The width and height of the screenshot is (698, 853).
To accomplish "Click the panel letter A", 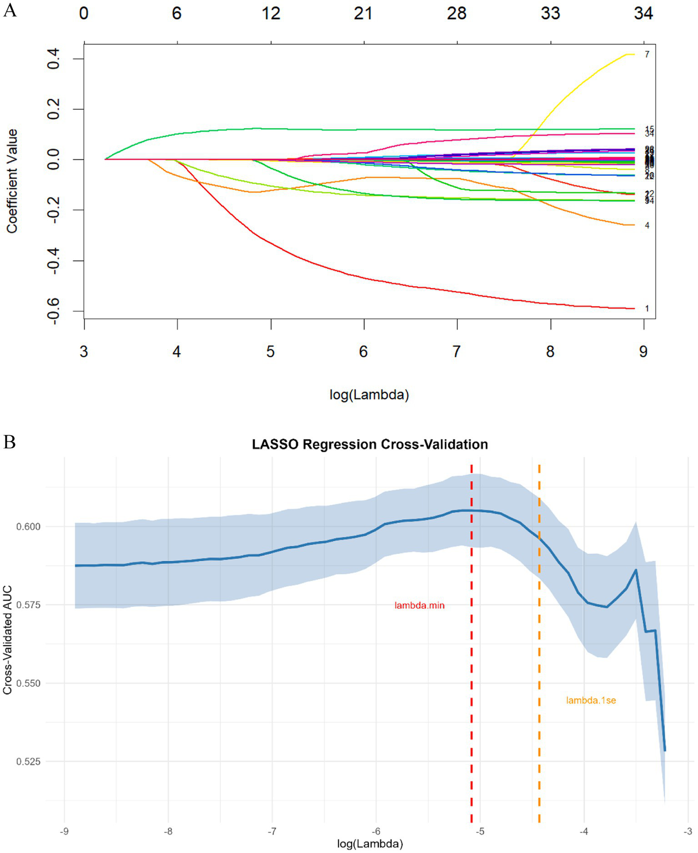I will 10,10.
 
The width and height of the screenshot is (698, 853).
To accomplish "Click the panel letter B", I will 10,442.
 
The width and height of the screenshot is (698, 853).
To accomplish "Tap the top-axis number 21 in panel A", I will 363,14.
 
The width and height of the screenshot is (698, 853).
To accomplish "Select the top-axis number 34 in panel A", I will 643,14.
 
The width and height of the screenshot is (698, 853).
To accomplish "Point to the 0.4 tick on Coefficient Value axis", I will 54,59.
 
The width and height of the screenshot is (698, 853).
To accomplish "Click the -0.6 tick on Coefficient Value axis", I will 54,311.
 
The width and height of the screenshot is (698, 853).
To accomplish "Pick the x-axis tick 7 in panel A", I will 456,351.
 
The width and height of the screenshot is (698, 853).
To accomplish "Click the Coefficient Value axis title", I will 12,181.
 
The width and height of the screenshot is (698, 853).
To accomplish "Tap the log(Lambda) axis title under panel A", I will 369,394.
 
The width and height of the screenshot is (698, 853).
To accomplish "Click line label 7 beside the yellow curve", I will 647,55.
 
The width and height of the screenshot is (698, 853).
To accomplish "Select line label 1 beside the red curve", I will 647,309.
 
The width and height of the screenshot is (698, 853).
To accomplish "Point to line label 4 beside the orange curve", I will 647,226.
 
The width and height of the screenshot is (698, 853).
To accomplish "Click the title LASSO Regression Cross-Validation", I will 370,444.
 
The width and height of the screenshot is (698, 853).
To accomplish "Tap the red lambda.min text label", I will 419,606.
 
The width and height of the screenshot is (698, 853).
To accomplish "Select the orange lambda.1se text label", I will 591,701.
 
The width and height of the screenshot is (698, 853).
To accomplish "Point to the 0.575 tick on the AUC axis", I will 28,605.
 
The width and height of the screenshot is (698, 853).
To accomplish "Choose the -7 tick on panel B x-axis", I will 271,832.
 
